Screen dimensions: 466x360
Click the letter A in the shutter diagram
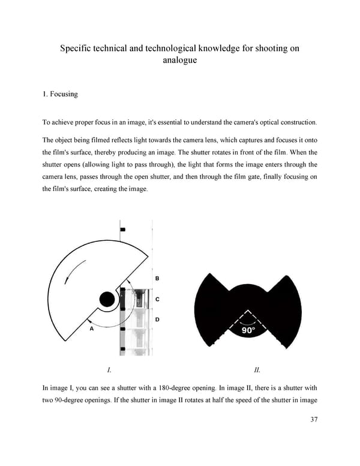[92, 329]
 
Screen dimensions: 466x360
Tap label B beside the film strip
[157, 279]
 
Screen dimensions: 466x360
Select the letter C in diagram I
[157, 298]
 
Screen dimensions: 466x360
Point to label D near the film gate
[157, 319]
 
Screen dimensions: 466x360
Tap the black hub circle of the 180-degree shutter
[107, 298]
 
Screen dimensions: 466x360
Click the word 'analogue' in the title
[180, 61]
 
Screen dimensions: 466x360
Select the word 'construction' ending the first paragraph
[295, 123]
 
